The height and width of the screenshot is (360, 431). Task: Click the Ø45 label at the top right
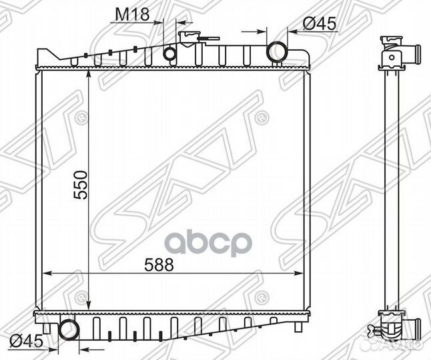point(320,23)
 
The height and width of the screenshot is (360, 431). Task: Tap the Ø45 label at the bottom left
point(27,341)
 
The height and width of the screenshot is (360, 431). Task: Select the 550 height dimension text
point(81,185)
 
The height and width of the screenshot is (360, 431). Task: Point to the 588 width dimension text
point(159,265)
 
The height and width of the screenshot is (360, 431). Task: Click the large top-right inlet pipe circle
point(277,52)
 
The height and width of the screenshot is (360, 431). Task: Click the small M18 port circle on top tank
point(169,53)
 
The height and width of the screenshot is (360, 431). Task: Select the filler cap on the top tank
point(189,38)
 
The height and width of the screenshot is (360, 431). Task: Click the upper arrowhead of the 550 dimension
point(89,74)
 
